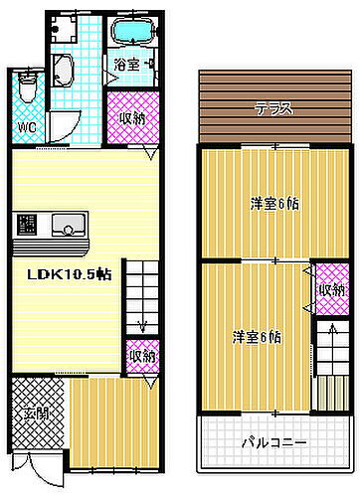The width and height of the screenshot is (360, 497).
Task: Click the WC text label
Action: (26, 126)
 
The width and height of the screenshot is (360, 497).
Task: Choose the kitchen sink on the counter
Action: (69, 223)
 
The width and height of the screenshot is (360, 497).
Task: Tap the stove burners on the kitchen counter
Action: (26, 225)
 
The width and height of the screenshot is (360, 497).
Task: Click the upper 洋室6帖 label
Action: (274, 205)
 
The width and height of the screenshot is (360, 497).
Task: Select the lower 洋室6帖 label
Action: (257, 337)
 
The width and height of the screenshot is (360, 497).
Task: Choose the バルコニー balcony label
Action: (272, 441)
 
